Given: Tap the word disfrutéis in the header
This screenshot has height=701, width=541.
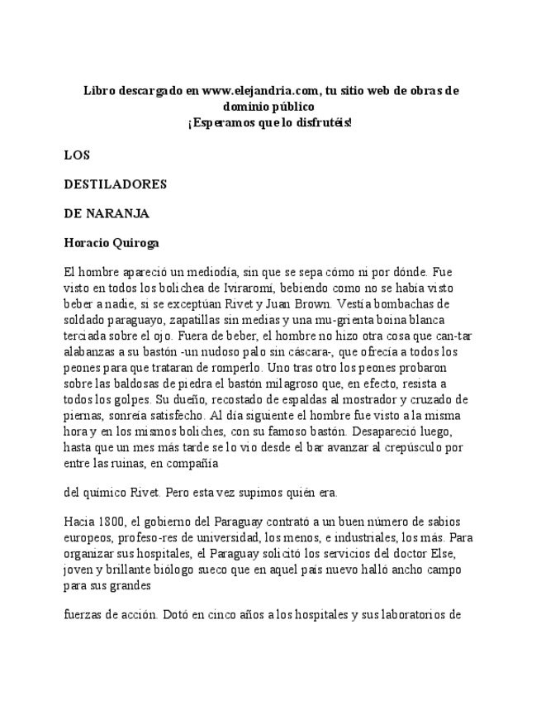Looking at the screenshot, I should pyautogui.click(x=319, y=122).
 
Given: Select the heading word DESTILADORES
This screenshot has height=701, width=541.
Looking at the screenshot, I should pyautogui.click(x=116, y=184).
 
